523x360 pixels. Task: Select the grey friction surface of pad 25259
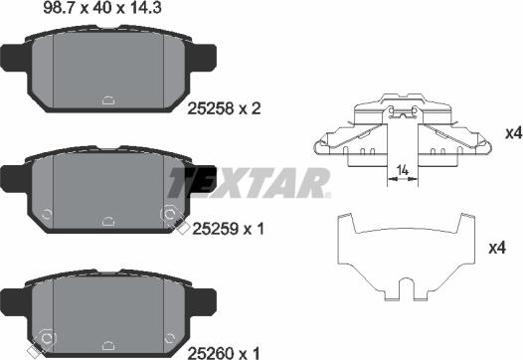(109, 189)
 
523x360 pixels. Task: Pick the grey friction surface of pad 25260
(109, 308)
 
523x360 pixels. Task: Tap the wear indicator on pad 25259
(172, 214)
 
